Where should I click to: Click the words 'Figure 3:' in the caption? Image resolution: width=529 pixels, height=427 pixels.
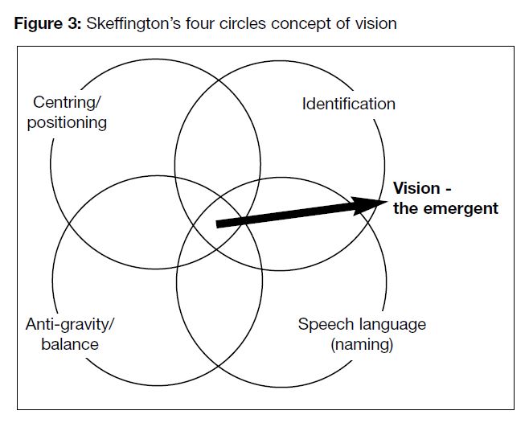point(45,23)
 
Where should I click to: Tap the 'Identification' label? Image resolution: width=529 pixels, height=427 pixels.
point(348,104)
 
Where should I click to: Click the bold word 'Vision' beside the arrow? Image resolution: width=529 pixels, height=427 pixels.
point(416,189)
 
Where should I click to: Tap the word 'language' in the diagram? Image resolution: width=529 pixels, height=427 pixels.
point(391,325)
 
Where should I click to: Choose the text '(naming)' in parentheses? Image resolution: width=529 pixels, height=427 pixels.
point(361,344)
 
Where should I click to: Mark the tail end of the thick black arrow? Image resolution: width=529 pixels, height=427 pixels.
point(219,223)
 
